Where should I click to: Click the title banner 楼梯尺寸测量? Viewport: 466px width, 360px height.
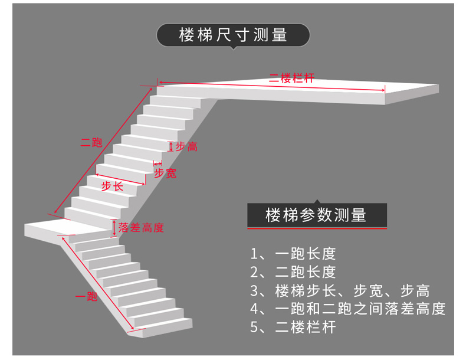click(234, 35)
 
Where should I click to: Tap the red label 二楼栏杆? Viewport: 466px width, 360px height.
click(291, 78)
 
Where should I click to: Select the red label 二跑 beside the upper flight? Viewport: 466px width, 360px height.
click(91, 143)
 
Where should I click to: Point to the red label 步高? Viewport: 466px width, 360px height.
click(186, 146)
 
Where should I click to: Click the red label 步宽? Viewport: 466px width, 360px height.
click(165, 173)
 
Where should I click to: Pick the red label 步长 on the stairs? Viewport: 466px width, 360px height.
click(112, 186)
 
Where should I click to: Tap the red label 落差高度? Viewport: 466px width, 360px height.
click(141, 228)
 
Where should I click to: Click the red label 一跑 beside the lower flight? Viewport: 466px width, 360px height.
click(86, 296)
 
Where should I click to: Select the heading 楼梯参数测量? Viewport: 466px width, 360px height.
click(316, 215)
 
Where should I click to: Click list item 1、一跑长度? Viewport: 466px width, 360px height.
click(293, 254)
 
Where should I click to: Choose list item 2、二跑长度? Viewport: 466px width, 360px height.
click(293, 272)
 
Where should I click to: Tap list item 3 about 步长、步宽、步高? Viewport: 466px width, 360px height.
click(340, 290)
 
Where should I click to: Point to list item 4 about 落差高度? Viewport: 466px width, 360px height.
click(347, 309)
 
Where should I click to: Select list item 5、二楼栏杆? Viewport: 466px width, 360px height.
click(293, 327)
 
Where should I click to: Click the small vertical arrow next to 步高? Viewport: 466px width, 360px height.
click(171, 146)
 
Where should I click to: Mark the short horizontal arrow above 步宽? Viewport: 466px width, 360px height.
click(158, 163)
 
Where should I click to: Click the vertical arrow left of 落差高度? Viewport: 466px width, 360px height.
click(114, 228)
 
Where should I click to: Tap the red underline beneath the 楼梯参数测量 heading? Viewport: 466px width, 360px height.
click(317, 228)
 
